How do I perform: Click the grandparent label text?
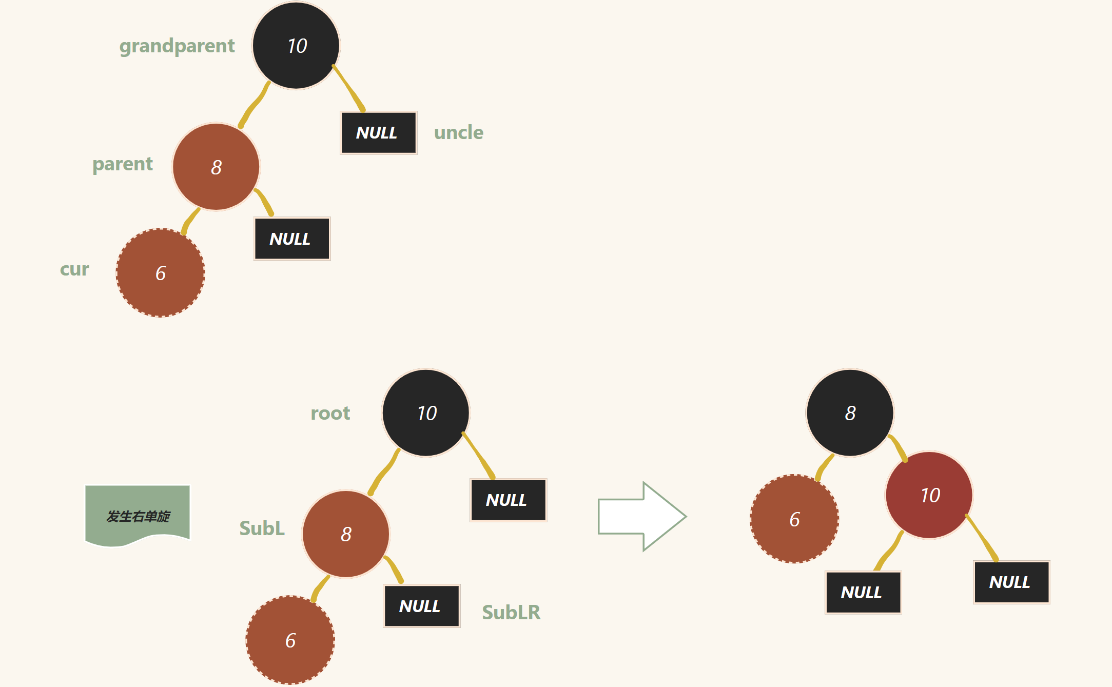[x=177, y=46]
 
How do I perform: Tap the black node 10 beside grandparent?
[x=296, y=45]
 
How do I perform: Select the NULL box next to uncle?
[x=378, y=132]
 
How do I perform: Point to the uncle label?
[x=458, y=132]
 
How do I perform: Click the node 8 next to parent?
[x=216, y=167]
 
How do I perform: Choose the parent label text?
[x=122, y=164]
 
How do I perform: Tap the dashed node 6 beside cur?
[x=160, y=272]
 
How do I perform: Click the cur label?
[x=74, y=269]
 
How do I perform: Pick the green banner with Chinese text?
[x=138, y=515]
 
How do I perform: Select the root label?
[x=330, y=413]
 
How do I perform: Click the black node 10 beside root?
[x=425, y=413]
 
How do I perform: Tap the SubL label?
[x=262, y=528]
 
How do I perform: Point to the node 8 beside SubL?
[x=345, y=534]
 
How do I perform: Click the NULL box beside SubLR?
[x=421, y=606]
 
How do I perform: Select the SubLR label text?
[x=511, y=612]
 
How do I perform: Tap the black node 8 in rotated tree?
[x=850, y=413]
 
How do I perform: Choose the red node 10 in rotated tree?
[x=929, y=495]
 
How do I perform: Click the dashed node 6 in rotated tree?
[x=794, y=519]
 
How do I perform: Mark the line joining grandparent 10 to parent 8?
[x=254, y=105]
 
